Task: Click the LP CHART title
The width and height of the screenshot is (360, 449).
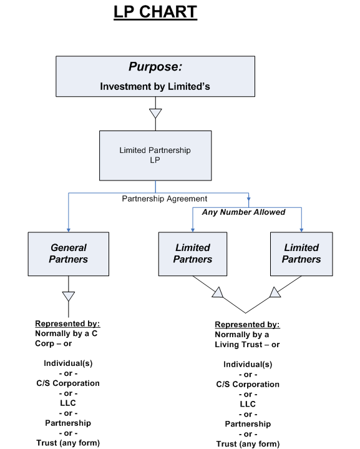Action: [155, 12]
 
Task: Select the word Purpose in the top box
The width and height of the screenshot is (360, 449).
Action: [155, 67]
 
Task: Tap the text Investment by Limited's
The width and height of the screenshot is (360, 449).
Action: [155, 86]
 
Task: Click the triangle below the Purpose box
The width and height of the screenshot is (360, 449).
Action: [155, 114]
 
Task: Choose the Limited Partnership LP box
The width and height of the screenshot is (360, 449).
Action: [155, 155]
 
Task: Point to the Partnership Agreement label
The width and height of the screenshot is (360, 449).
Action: [164, 199]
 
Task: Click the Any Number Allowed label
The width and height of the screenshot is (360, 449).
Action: [243, 212]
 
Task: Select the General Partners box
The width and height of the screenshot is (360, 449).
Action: [69, 254]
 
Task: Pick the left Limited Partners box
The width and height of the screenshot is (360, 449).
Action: [193, 254]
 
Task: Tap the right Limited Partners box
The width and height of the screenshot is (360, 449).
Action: [301, 254]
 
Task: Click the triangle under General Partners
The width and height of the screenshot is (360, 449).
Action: [69, 296]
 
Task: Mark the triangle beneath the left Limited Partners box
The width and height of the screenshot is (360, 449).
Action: [217, 292]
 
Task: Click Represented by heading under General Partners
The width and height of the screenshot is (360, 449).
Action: [68, 323]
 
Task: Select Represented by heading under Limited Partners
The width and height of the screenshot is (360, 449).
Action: [247, 325]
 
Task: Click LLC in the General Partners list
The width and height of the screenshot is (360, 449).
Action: [68, 403]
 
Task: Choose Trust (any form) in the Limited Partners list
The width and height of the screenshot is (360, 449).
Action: [248, 444]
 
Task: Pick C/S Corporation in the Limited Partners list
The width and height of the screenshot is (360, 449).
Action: [248, 384]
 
